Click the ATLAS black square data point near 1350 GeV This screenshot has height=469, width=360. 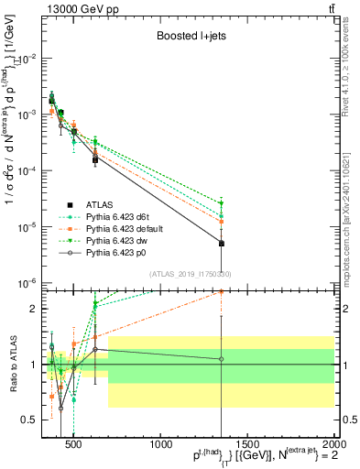point(222,243)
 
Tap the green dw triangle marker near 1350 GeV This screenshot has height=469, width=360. point(222,203)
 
